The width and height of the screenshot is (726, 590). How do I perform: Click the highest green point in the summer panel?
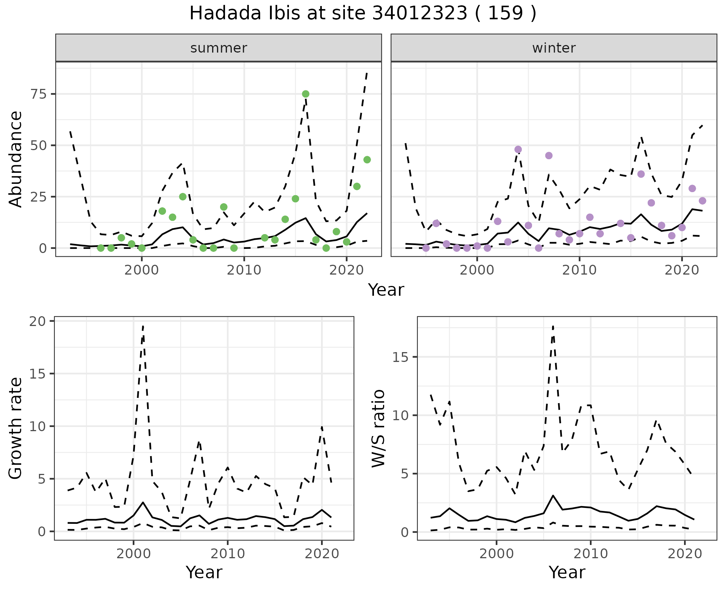(306, 94)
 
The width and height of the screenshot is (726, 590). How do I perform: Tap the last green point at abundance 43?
(367, 160)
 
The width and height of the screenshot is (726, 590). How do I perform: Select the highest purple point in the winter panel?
(518, 149)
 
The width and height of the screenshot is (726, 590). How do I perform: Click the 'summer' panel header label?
(219, 48)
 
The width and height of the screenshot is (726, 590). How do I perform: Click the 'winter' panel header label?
(554, 48)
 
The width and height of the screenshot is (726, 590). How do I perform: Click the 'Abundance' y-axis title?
(16, 159)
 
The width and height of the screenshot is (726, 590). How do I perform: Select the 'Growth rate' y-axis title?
(16, 428)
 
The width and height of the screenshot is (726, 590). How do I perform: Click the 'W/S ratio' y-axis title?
(378, 428)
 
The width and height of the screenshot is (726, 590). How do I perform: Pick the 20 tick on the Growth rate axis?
(37, 321)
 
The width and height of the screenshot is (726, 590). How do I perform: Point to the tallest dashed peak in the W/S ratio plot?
(553, 326)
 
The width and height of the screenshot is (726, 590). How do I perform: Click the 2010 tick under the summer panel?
(244, 270)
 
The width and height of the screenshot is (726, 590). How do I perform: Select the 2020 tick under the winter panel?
(682, 270)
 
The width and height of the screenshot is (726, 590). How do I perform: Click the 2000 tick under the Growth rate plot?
(133, 554)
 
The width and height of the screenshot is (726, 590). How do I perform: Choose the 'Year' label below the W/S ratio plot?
(567, 572)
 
